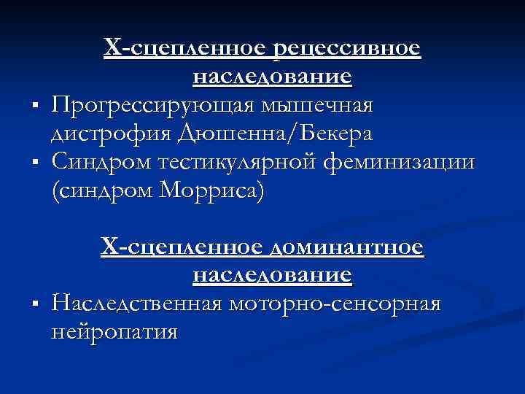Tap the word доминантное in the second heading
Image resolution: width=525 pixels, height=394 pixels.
(346, 250)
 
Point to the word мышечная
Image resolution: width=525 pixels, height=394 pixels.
(318, 107)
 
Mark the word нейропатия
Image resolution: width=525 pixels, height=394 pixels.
(115, 332)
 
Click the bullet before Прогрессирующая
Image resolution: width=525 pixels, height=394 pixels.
(36, 109)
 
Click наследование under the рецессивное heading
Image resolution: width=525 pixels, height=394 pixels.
(273, 77)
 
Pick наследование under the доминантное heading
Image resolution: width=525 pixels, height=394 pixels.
(273, 277)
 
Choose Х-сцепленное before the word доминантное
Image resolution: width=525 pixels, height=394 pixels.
(183, 250)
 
